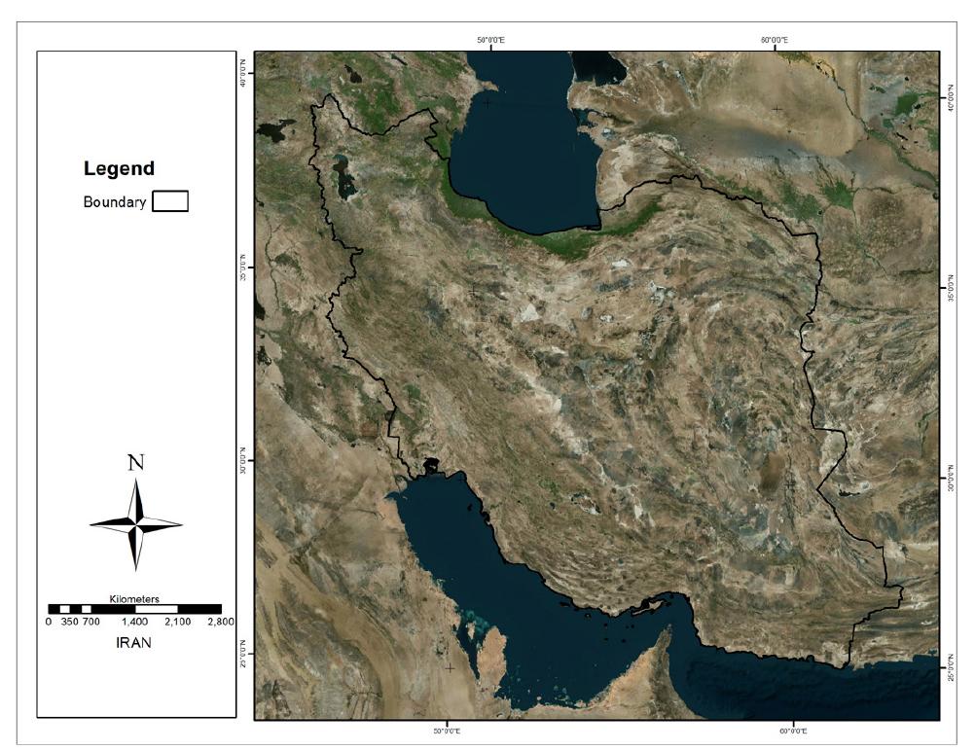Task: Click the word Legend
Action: pos(119,168)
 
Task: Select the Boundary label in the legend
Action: pos(115,202)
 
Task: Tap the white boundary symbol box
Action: pos(170,201)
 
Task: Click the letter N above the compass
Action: pos(136,462)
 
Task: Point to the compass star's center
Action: pos(136,524)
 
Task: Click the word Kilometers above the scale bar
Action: pos(135,599)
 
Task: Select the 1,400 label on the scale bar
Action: pos(135,621)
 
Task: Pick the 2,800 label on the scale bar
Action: pos(221,621)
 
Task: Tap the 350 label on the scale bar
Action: pos(69,621)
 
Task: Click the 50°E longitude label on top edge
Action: pos(489,40)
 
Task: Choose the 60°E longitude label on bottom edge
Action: pos(793,729)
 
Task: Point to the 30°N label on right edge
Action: pos(948,481)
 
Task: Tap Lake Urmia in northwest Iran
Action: pos(342,175)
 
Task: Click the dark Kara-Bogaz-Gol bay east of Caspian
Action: pos(599,66)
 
